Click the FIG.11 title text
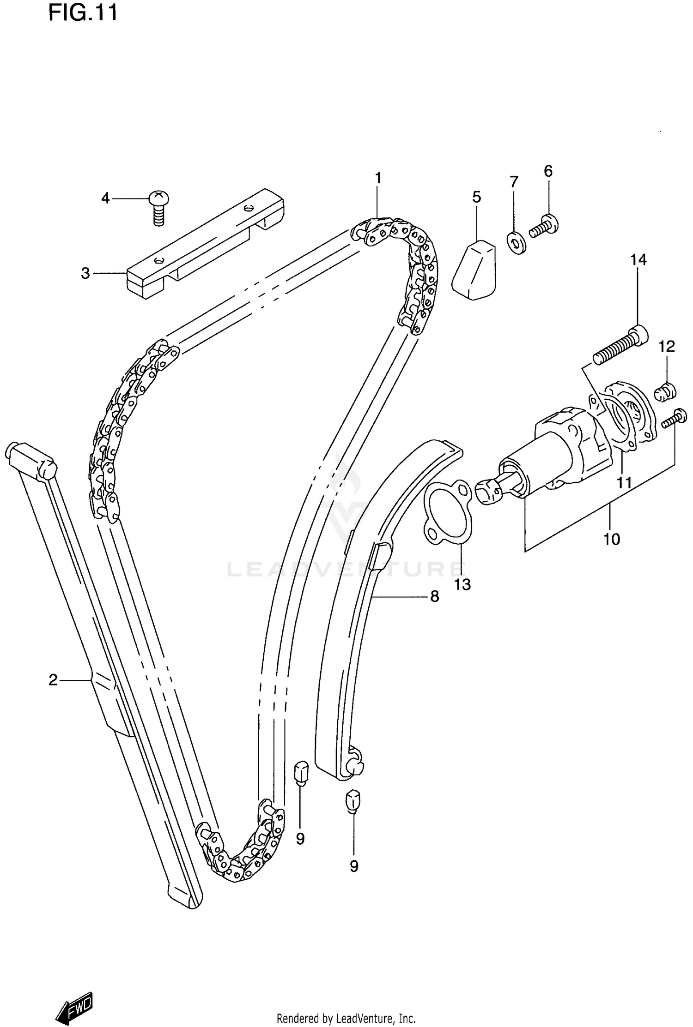click(x=83, y=13)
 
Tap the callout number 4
click(x=105, y=198)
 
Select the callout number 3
click(x=85, y=273)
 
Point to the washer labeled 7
click(x=517, y=243)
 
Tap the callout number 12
click(x=667, y=346)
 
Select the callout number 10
click(x=612, y=539)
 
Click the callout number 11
click(x=624, y=483)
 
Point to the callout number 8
click(x=434, y=597)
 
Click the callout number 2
click(x=53, y=680)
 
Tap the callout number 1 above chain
click(x=378, y=178)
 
